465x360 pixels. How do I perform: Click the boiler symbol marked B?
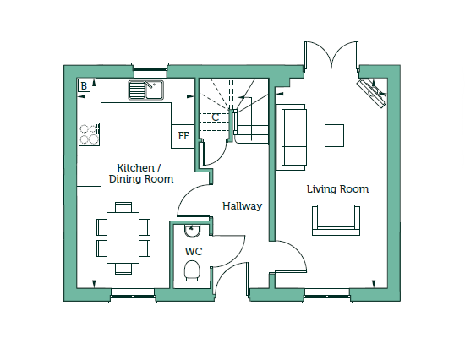click(84, 85)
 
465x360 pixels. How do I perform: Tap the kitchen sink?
click(146, 90)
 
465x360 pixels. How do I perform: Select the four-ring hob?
click(89, 134)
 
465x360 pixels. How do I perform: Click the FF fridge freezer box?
click(183, 136)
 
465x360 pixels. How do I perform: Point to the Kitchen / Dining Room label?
click(141, 173)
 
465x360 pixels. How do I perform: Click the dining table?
click(123, 237)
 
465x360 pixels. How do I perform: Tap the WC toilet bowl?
click(192, 270)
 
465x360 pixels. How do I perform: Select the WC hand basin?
click(192, 231)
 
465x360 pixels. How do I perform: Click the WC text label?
click(194, 252)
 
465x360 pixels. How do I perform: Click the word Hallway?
click(243, 206)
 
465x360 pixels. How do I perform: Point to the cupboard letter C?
click(216, 117)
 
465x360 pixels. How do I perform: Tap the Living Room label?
click(337, 189)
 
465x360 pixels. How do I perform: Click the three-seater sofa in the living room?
click(291, 137)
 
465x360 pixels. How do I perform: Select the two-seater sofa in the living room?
click(336, 220)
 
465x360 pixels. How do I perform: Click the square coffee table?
click(334, 135)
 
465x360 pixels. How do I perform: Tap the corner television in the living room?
click(372, 93)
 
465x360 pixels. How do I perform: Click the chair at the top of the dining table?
click(123, 207)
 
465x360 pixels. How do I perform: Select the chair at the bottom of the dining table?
click(123, 269)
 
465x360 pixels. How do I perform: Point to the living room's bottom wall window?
click(327, 296)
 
